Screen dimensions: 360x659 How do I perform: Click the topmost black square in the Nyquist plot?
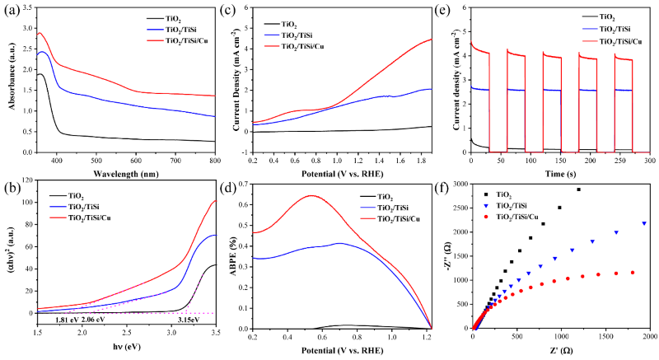(x=578, y=189)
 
